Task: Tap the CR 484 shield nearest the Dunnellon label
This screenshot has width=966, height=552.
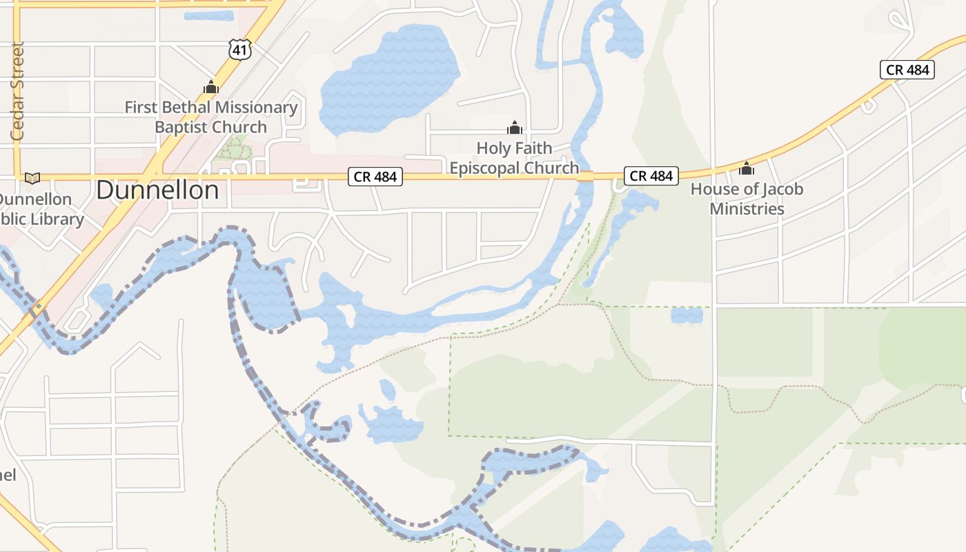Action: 375,177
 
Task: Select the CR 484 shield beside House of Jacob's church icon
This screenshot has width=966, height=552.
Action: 651,176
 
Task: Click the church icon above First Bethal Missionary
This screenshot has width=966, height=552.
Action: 211,88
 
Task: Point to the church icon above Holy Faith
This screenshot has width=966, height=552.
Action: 514,128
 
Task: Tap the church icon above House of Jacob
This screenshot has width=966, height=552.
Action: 746,168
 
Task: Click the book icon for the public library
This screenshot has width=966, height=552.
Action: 32,178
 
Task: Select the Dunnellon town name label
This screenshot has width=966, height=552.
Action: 157,190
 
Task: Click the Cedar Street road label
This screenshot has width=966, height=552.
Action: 17,91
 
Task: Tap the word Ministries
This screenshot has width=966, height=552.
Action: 747,208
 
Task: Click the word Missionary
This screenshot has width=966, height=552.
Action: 255,108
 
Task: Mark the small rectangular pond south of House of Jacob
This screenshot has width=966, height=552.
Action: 687,315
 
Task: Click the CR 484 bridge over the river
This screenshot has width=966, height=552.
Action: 585,177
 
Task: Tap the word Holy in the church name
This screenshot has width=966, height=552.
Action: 493,148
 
